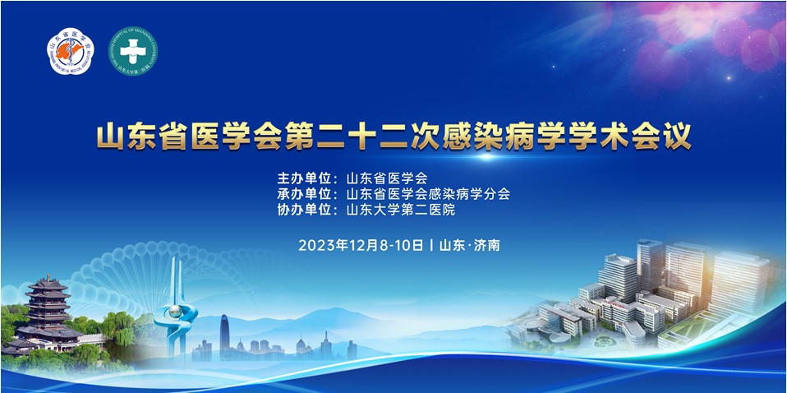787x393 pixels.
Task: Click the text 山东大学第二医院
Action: click(x=400, y=210)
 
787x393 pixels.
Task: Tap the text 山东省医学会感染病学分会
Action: click(x=428, y=194)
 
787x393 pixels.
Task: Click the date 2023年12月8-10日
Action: click(x=361, y=244)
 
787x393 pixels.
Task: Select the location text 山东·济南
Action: click(x=470, y=244)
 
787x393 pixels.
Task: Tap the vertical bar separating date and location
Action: click(x=431, y=244)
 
